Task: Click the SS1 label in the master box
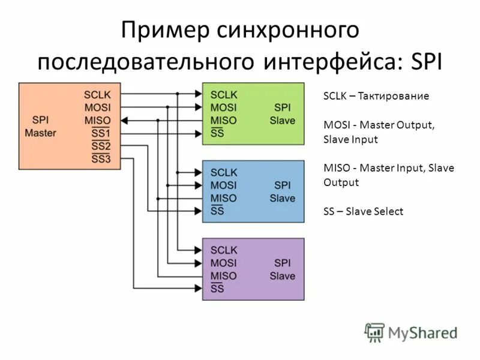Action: (x=101, y=133)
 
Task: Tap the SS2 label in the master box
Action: (x=101, y=146)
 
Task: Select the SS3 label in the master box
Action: (x=101, y=159)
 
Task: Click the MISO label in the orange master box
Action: (x=98, y=120)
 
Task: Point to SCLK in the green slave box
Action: (x=224, y=94)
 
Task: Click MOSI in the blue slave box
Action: (x=224, y=185)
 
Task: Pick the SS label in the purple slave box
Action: (x=217, y=289)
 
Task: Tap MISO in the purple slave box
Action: (x=224, y=276)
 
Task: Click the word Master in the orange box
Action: (x=40, y=132)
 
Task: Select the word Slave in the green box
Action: (x=282, y=120)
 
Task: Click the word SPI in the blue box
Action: (x=282, y=185)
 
